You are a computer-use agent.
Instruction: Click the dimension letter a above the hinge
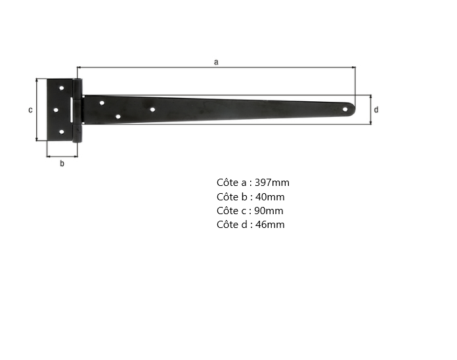point(216,62)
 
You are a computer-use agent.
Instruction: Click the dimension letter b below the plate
point(62,163)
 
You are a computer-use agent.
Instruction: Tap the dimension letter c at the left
point(30,110)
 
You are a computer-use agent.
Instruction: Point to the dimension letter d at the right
point(376,110)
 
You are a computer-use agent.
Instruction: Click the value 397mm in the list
point(272,183)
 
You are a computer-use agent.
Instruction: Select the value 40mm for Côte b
point(270,197)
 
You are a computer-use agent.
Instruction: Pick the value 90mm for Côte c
point(269,211)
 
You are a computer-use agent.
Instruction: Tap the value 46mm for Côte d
point(270,225)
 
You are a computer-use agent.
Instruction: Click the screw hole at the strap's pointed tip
point(345,110)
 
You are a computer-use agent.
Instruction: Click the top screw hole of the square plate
point(62,88)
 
